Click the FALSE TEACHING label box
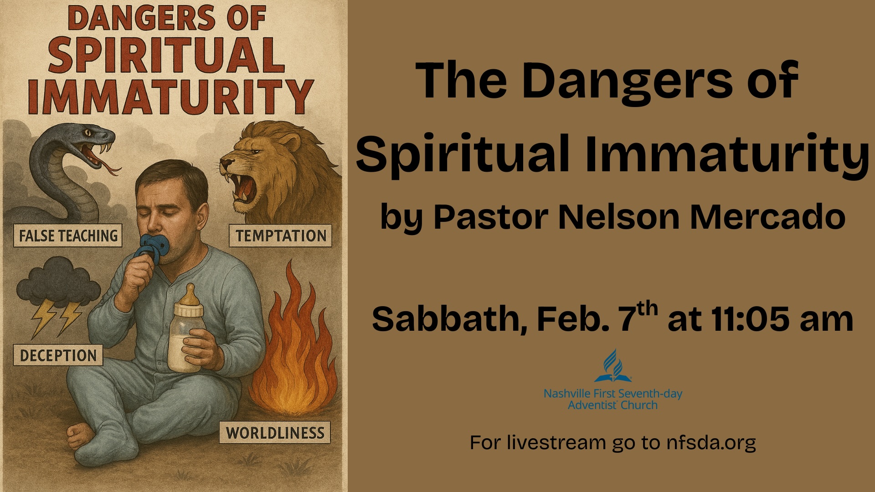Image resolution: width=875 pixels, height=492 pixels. point(68,236)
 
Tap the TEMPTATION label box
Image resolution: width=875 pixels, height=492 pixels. point(280,236)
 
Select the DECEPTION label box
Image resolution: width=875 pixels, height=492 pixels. point(58,355)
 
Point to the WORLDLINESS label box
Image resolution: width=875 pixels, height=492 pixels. point(275,432)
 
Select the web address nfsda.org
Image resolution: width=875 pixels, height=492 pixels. point(710,442)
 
